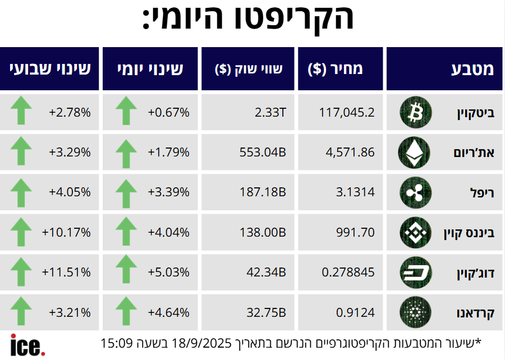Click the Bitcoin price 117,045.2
coord(346,112)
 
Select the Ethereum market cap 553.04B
coord(263,151)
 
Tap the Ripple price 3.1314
coord(355,192)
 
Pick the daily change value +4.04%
coord(168,232)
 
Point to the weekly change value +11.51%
coord(66,272)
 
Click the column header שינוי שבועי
coord(50,70)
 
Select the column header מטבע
coord(472,70)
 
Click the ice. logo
coord(27,344)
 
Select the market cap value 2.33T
coord(270,112)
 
